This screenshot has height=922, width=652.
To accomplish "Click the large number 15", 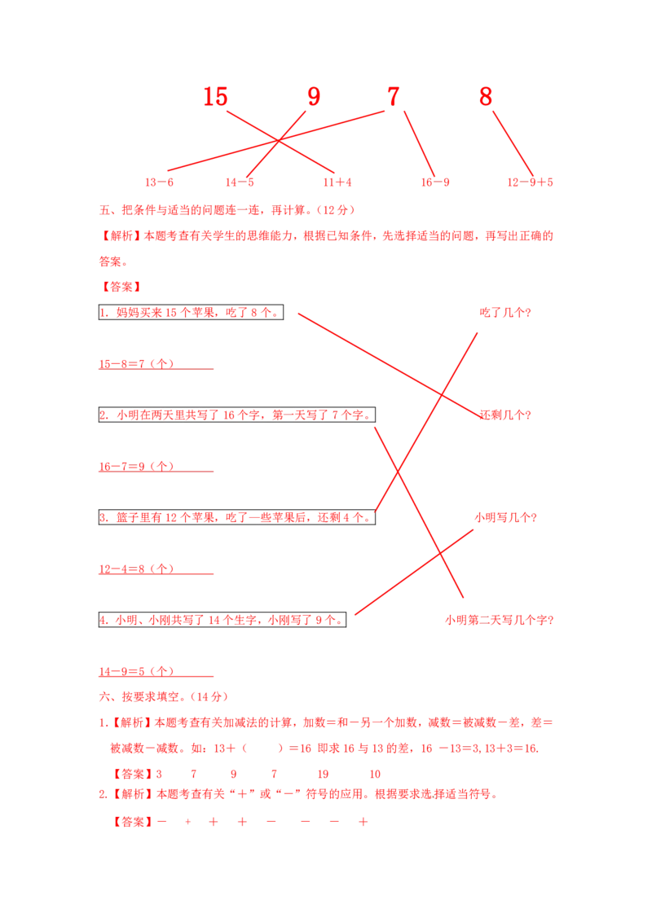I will pos(215,98).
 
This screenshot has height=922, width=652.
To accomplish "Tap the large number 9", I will pos(314,98).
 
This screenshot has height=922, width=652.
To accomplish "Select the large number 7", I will pos(393,98).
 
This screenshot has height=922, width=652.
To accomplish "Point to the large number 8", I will pos(485,98).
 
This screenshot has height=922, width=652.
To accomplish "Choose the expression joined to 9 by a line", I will pos(240,183).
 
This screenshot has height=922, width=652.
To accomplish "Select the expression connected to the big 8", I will pos(530,183).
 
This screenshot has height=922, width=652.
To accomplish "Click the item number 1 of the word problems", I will pos(104,313).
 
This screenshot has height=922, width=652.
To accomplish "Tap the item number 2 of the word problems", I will pos(104,415).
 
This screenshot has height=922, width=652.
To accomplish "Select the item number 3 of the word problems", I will pos(104,517).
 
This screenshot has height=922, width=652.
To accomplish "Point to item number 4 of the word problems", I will pos(104,620).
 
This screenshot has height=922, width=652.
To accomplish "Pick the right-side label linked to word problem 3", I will pos(505,313).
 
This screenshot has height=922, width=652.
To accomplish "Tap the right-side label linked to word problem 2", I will pos(499,620).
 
